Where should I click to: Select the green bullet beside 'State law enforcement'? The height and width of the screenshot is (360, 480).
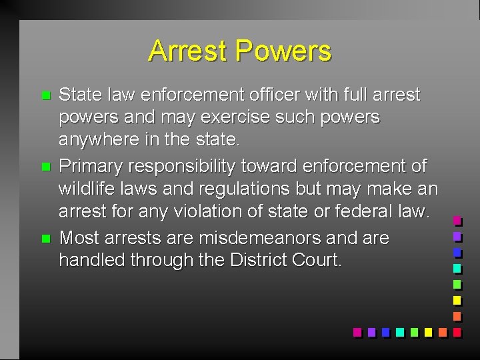(45, 96)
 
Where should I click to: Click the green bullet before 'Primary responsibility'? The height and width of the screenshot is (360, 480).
(45, 167)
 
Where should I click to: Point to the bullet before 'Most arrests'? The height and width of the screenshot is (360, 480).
(45, 238)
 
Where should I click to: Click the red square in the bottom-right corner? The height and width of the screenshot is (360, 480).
(457, 331)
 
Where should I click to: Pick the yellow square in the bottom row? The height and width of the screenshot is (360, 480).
(427, 331)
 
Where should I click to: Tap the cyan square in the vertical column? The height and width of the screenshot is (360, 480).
(457, 268)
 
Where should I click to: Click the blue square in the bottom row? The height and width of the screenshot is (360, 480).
(386, 331)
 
